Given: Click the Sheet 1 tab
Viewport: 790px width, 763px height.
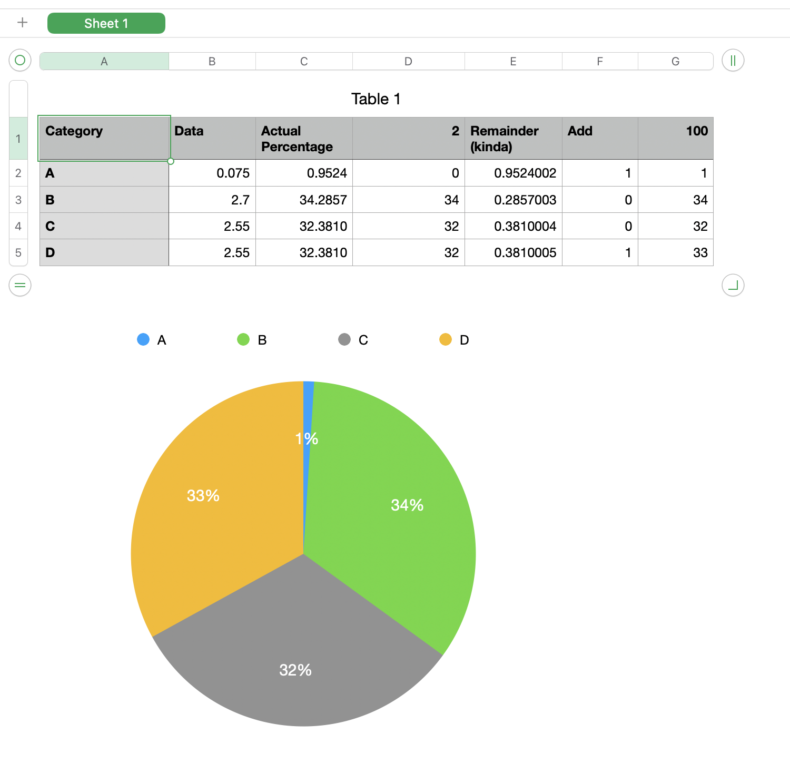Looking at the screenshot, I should click(106, 23).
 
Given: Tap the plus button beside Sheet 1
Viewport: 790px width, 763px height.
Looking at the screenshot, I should click(22, 23).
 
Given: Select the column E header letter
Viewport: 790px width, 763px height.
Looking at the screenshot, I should click(513, 62).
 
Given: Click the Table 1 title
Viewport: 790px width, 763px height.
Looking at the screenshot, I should click(376, 99).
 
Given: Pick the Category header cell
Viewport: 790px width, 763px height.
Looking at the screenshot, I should click(104, 138).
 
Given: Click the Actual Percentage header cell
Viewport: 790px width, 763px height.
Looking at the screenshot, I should click(303, 139).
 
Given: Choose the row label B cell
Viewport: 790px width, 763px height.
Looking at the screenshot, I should click(104, 200).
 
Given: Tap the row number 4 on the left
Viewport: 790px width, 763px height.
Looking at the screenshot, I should click(18, 227).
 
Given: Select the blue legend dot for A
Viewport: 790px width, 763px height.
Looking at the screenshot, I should click(143, 339).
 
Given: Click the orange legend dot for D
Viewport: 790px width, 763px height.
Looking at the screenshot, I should click(446, 339).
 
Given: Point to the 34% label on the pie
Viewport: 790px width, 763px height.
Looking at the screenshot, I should click(407, 505).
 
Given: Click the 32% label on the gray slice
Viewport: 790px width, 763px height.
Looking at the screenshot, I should click(295, 670).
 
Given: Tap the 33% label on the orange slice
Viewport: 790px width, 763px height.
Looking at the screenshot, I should click(203, 496).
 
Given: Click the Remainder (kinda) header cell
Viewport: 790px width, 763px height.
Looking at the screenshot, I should click(513, 139).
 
